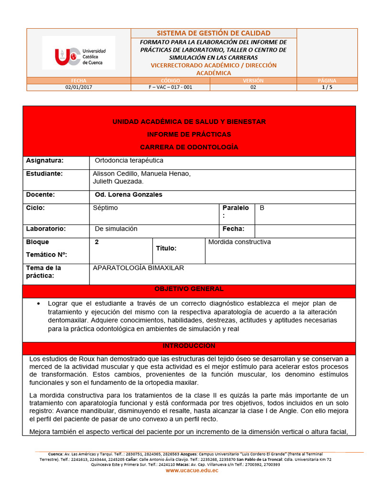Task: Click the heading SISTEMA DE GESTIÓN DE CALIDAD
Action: coord(214,33)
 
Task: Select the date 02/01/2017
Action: coord(79,88)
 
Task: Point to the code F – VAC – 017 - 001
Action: coord(171,88)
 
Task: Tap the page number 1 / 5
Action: coord(327,88)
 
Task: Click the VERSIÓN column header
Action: coord(253,81)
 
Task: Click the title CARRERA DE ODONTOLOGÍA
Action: coord(189,147)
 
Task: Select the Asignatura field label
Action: coord(44,161)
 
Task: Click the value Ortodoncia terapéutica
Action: coord(129,161)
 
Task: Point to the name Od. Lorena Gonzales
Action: coord(129,195)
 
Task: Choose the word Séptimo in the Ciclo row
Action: coord(105,208)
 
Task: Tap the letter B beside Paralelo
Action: coord(262,208)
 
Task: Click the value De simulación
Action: coord(116,229)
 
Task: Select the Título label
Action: coord(166,248)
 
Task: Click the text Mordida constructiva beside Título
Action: coord(239,242)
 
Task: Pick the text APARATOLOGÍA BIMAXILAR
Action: coord(138,268)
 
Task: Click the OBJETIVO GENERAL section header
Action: coord(189,289)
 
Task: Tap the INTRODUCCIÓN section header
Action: coord(189,346)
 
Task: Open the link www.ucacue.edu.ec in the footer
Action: coord(192,471)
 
